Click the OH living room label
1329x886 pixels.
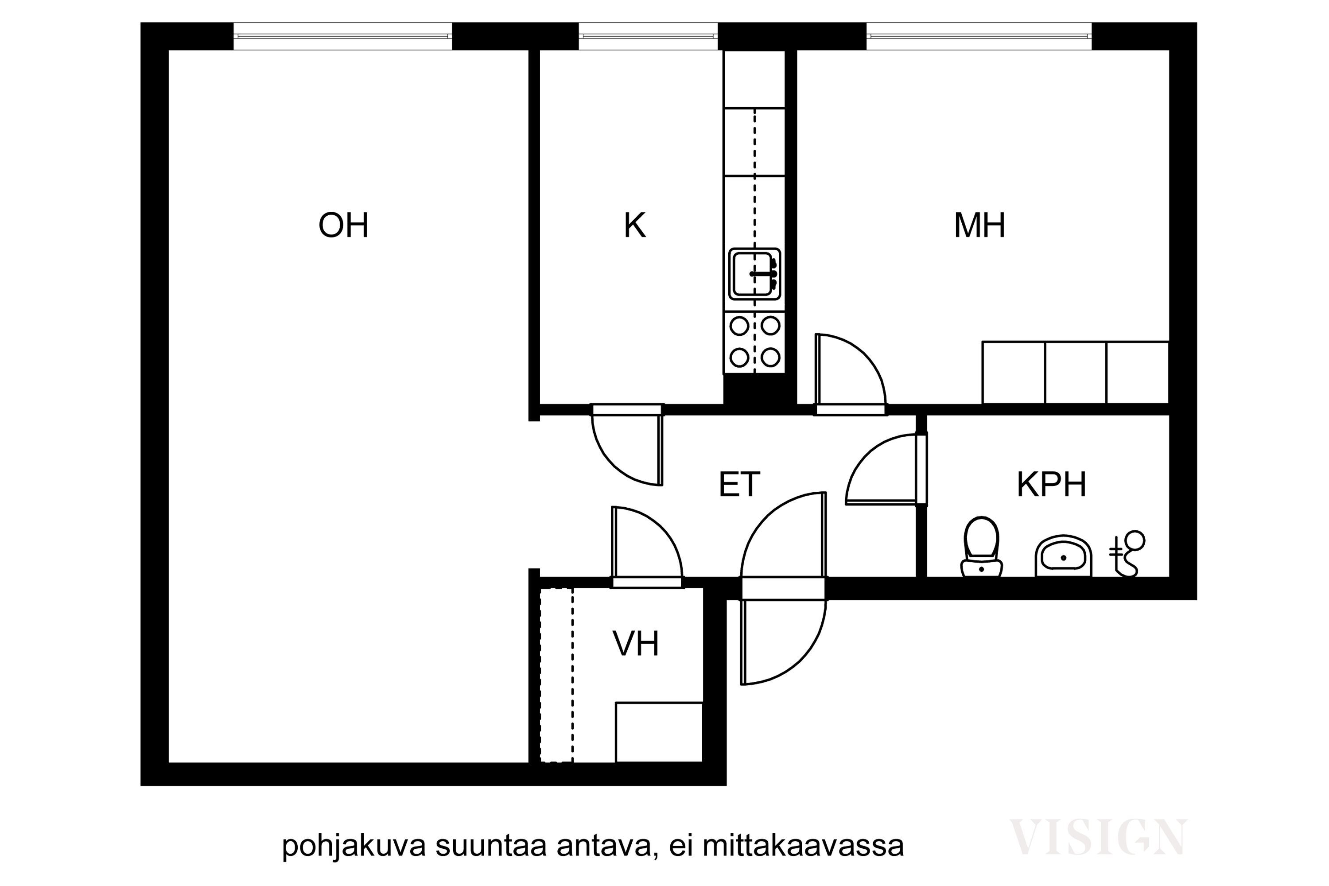(344, 225)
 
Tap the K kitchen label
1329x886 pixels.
(634, 225)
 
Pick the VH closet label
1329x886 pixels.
(636, 644)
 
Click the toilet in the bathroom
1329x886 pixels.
(982, 546)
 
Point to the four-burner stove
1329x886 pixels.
(754, 342)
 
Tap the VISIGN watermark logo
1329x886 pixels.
(1097, 837)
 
